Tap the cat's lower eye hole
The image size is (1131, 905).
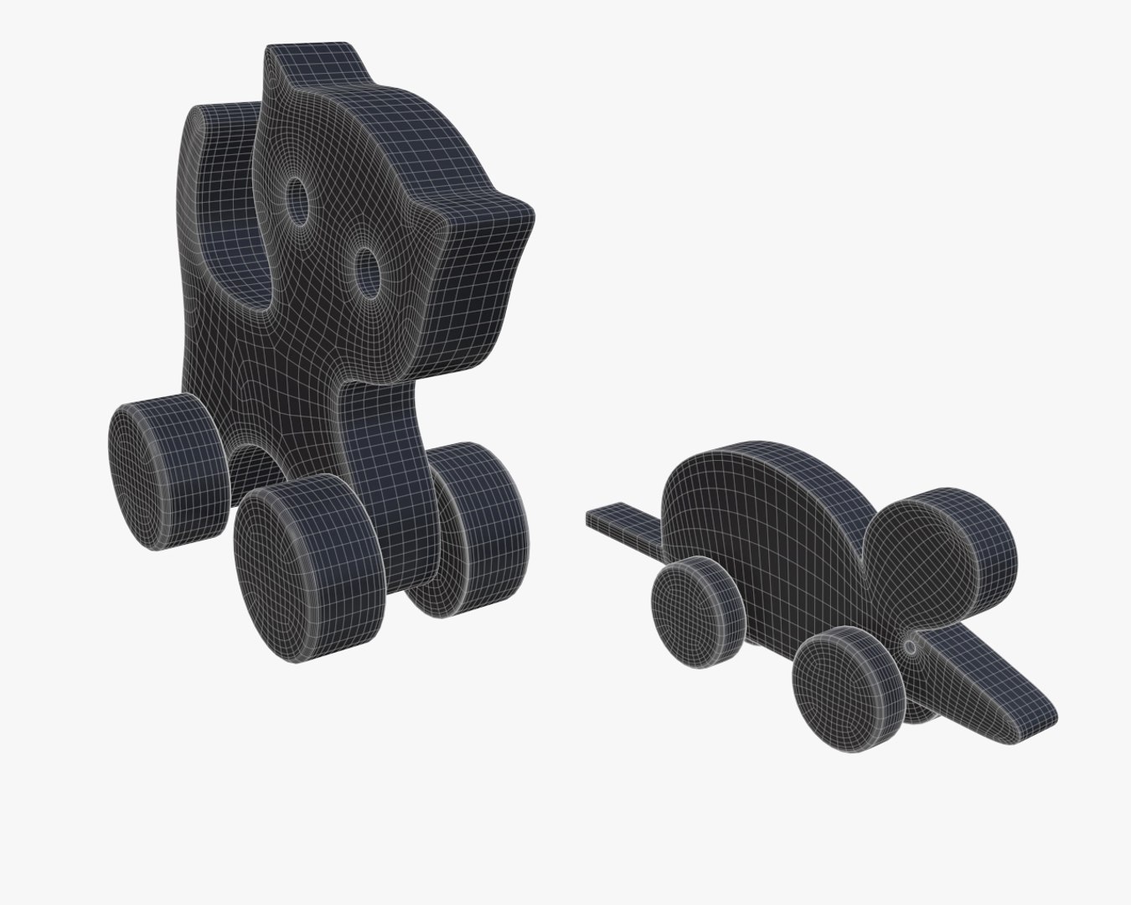[x=366, y=270]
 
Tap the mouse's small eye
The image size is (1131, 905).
[x=911, y=646]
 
